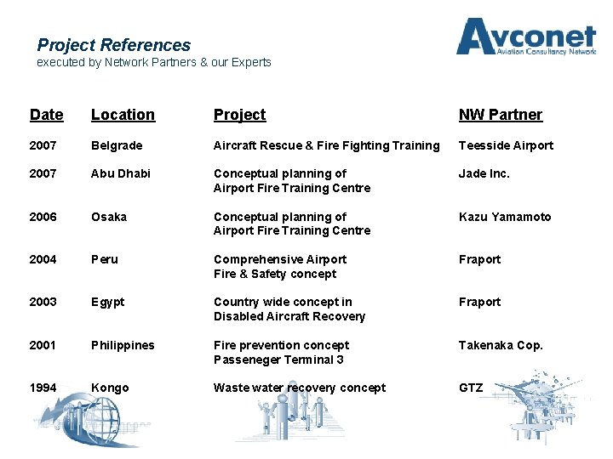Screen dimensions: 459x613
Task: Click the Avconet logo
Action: click(525, 39)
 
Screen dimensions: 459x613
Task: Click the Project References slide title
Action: click(114, 45)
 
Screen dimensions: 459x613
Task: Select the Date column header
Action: click(46, 115)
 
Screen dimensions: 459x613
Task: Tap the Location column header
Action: click(123, 115)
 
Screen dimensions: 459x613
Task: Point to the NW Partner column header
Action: click(500, 115)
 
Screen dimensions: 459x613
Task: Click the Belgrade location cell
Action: click(117, 145)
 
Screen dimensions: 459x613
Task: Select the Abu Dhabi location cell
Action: click(120, 173)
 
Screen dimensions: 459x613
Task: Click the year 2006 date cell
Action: click(43, 217)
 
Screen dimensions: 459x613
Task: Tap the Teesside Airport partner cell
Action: click(506, 145)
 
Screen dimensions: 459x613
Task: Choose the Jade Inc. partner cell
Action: click(484, 173)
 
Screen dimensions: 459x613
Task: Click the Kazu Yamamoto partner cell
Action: click(505, 217)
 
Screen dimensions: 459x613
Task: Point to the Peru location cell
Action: click(105, 259)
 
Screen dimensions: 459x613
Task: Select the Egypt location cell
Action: click(108, 302)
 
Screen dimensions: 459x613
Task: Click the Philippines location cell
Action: click(123, 345)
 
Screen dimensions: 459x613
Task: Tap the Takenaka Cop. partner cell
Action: click(501, 345)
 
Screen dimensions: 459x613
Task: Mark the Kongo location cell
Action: click(110, 388)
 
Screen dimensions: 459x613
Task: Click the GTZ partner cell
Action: click(471, 388)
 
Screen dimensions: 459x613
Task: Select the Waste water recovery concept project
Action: click(299, 388)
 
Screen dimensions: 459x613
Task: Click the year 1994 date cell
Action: click(43, 388)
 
